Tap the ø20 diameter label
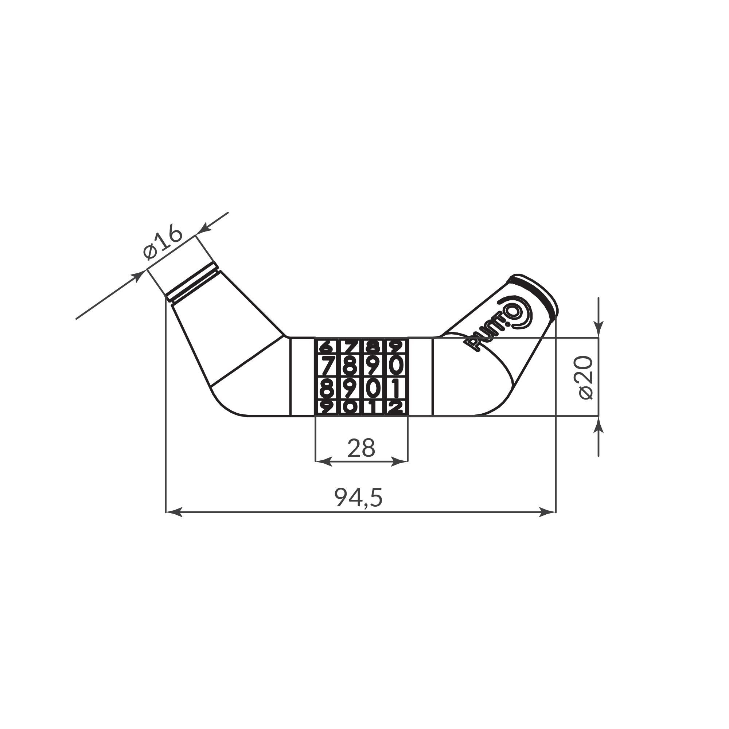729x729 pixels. coord(586,377)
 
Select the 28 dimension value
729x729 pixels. coord(361,448)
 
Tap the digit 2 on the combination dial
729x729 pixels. coord(396,408)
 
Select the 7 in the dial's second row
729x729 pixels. coord(328,365)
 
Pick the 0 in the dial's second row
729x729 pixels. coord(396,365)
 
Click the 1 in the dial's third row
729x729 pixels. coord(395,388)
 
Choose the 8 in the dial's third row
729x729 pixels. coord(326,388)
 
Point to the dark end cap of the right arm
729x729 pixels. coord(535,294)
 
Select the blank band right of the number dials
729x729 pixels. coord(420,377)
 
